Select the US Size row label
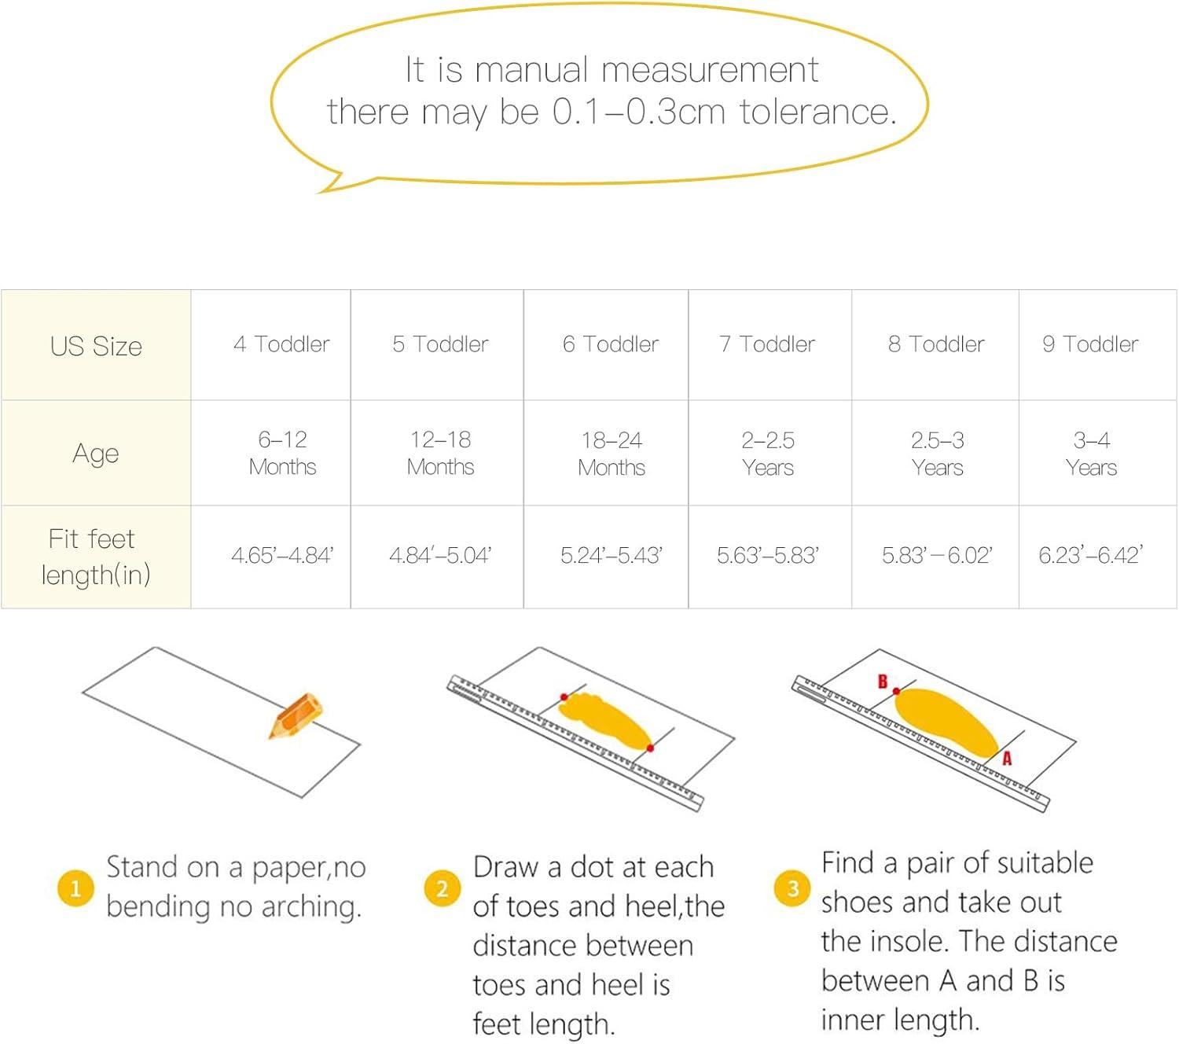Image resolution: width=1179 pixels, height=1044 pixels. [96, 346]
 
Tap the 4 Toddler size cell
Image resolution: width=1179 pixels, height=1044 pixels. [281, 344]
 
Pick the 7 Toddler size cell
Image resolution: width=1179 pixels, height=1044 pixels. [767, 344]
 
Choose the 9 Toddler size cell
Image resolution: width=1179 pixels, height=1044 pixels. [1090, 344]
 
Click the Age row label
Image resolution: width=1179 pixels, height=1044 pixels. [96, 454]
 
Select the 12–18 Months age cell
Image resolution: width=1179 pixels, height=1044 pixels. [440, 454]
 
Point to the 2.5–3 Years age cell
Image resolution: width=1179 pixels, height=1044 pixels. [937, 454]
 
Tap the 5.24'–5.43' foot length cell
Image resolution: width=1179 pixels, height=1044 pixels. [611, 555]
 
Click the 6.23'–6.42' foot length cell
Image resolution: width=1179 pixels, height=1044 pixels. [1090, 555]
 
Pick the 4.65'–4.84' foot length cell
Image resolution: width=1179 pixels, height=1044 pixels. [282, 555]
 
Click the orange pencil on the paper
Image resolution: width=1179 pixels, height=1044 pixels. [296, 715]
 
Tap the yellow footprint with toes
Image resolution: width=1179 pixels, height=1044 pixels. [605, 720]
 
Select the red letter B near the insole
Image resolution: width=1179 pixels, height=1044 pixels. [882, 682]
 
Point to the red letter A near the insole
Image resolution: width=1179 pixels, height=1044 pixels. [1007, 758]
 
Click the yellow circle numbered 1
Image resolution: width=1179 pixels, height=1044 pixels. [75, 888]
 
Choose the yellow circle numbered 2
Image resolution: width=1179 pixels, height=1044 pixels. [443, 888]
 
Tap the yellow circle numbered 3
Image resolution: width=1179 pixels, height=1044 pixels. [792, 888]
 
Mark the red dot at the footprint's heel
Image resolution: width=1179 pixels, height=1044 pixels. [650, 748]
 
